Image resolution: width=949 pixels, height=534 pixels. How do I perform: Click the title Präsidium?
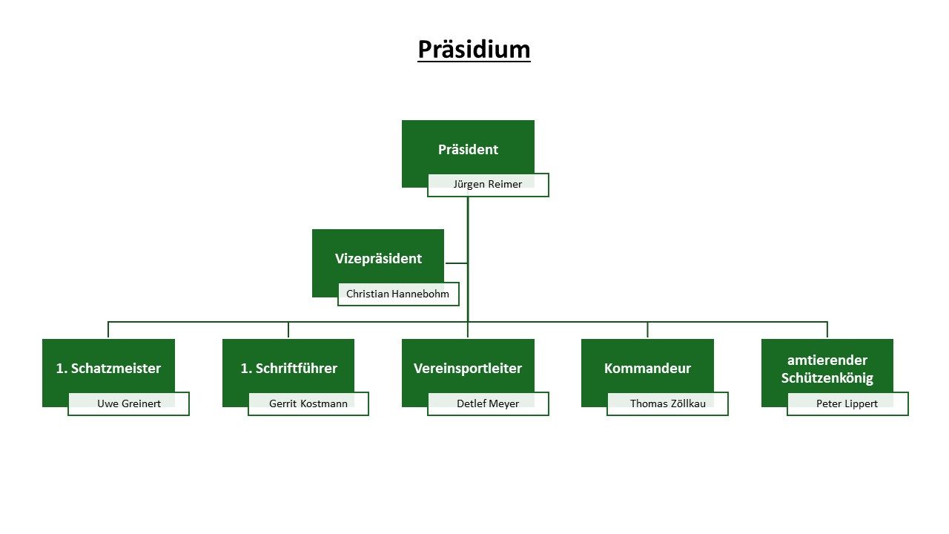(474, 50)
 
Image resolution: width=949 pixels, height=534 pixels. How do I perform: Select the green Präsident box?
(468, 148)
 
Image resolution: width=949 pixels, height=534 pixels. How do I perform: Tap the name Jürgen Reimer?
(488, 185)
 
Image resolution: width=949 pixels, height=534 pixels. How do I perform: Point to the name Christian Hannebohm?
(397, 294)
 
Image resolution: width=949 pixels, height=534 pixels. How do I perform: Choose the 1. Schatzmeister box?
(108, 367)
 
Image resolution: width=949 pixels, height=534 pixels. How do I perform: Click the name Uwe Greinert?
(129, 403)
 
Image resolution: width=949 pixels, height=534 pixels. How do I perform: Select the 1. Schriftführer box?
(288, 367)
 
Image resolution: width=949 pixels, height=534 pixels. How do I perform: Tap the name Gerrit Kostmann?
(308, 403)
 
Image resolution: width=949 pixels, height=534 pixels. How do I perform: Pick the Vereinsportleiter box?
(468, 367)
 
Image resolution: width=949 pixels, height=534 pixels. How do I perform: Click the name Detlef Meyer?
(488, 403)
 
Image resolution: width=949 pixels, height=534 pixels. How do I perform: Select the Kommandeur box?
(647, 367)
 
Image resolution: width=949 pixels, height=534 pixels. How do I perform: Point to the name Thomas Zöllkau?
(668, 403)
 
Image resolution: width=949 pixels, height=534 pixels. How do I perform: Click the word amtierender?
(827, 360)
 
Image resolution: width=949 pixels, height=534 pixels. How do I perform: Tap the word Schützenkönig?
(827, 378)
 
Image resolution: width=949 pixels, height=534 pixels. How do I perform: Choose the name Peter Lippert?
(847, 403)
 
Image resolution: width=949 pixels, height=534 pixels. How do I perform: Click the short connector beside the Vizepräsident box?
(456, 263)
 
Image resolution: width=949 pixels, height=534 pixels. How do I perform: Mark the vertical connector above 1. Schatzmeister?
(108, 330)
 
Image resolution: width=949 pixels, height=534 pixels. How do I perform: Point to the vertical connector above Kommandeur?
(647, 330)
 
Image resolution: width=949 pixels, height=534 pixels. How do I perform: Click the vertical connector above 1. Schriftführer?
(288, 330)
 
